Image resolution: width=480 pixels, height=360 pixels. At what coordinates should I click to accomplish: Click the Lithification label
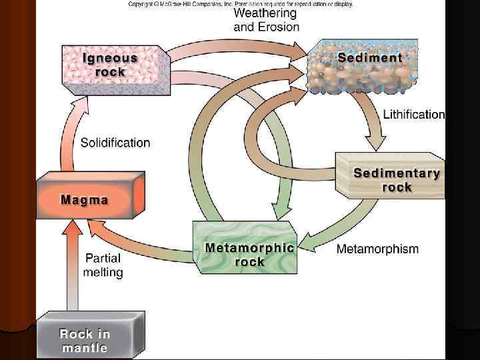pos(413,115)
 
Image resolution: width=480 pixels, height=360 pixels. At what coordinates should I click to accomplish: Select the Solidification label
pos(115,143)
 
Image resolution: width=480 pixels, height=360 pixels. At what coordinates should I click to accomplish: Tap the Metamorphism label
pos(377,249)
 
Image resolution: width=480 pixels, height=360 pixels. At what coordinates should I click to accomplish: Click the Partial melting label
pos(103,265)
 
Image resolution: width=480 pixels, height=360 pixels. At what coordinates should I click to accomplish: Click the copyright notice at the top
pos(240,4)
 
